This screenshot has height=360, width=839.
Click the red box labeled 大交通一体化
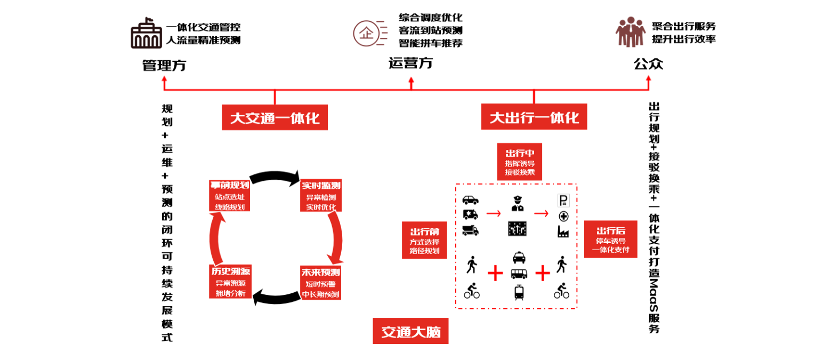coord(275,117)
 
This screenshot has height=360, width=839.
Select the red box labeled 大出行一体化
coord(534,117)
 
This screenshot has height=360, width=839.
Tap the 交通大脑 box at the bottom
coord(410,331)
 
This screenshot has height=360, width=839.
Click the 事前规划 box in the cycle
coord(230,196)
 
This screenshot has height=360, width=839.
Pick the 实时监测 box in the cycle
coord(321,196)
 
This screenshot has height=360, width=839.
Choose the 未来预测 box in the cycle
coord(320,283)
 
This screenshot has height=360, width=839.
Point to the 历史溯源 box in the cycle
coord(230,282)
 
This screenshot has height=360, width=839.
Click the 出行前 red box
coord(424,241)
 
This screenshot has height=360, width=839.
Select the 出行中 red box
coord(520,162)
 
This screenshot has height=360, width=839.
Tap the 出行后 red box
coord(611,239)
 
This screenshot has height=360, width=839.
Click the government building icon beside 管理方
coord(146,33)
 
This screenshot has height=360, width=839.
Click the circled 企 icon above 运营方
coord(366,34)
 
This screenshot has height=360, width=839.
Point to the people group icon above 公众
coord(631,32)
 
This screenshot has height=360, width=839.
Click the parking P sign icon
coord(563,200)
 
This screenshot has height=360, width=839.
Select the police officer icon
coord(518,204)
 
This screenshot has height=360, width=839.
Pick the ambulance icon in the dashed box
coord(471,214)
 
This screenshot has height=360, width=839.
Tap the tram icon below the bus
coord(519,292)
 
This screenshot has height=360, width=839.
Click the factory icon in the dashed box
coord(563,231)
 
